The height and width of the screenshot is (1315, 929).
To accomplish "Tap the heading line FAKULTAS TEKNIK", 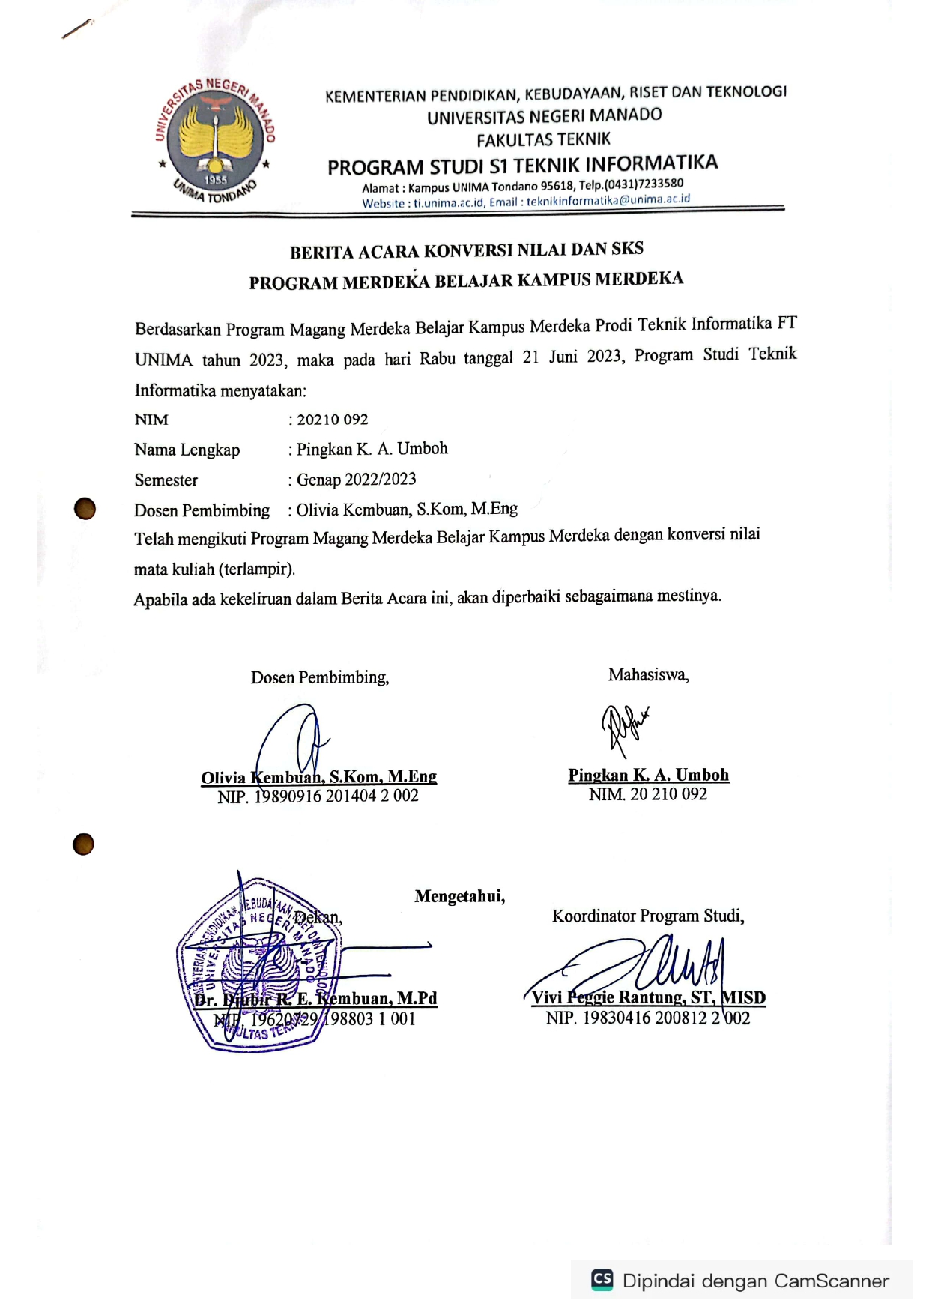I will (x=544, y=139).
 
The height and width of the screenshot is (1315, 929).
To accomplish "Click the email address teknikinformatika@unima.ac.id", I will (x=608, y=201).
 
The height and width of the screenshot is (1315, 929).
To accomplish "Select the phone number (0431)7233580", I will (x=644, y=184).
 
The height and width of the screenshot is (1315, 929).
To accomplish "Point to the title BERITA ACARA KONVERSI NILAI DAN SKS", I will (x=466, y=250).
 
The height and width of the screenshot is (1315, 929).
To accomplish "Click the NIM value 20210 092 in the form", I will (x=333, y=420).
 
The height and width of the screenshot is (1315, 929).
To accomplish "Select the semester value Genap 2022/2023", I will (x=356, y=480).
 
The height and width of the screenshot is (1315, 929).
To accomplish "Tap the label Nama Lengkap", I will (x=187, y=450).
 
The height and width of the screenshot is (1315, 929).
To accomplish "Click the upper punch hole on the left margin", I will (x=85, y=508).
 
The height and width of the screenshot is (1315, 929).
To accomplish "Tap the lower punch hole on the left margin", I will (x=83, y=844).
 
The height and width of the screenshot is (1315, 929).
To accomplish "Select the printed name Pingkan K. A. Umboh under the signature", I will (x=648, y=775).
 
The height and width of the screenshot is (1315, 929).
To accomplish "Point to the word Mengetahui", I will (x=460, y=896).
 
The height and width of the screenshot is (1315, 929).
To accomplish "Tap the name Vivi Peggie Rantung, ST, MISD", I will (x=648, y=997).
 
